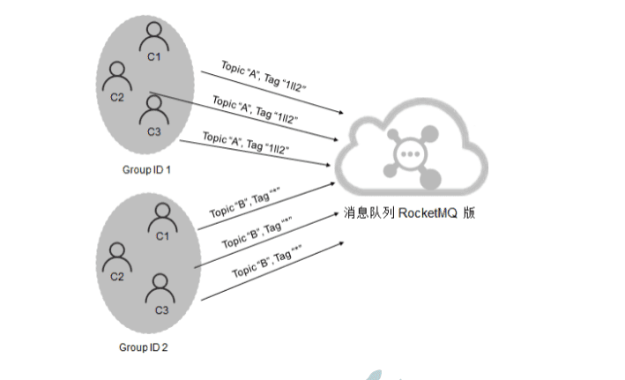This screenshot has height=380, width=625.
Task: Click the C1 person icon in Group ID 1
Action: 155,36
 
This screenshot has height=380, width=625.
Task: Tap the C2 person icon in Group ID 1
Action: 117,78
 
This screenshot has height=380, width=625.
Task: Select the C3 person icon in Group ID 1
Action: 154,110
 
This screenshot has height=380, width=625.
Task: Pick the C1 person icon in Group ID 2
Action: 161,216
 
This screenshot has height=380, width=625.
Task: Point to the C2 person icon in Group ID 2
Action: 117,257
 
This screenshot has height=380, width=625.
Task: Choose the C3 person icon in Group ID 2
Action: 160,289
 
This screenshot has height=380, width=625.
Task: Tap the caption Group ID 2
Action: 144,347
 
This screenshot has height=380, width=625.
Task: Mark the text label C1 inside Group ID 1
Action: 155,57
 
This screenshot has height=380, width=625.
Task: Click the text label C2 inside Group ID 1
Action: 117,97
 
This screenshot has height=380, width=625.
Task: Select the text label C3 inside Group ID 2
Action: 160,310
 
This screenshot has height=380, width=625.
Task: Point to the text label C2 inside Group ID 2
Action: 117,277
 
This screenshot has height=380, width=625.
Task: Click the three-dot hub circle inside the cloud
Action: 410,153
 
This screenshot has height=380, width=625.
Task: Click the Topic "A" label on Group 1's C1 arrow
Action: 220,71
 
